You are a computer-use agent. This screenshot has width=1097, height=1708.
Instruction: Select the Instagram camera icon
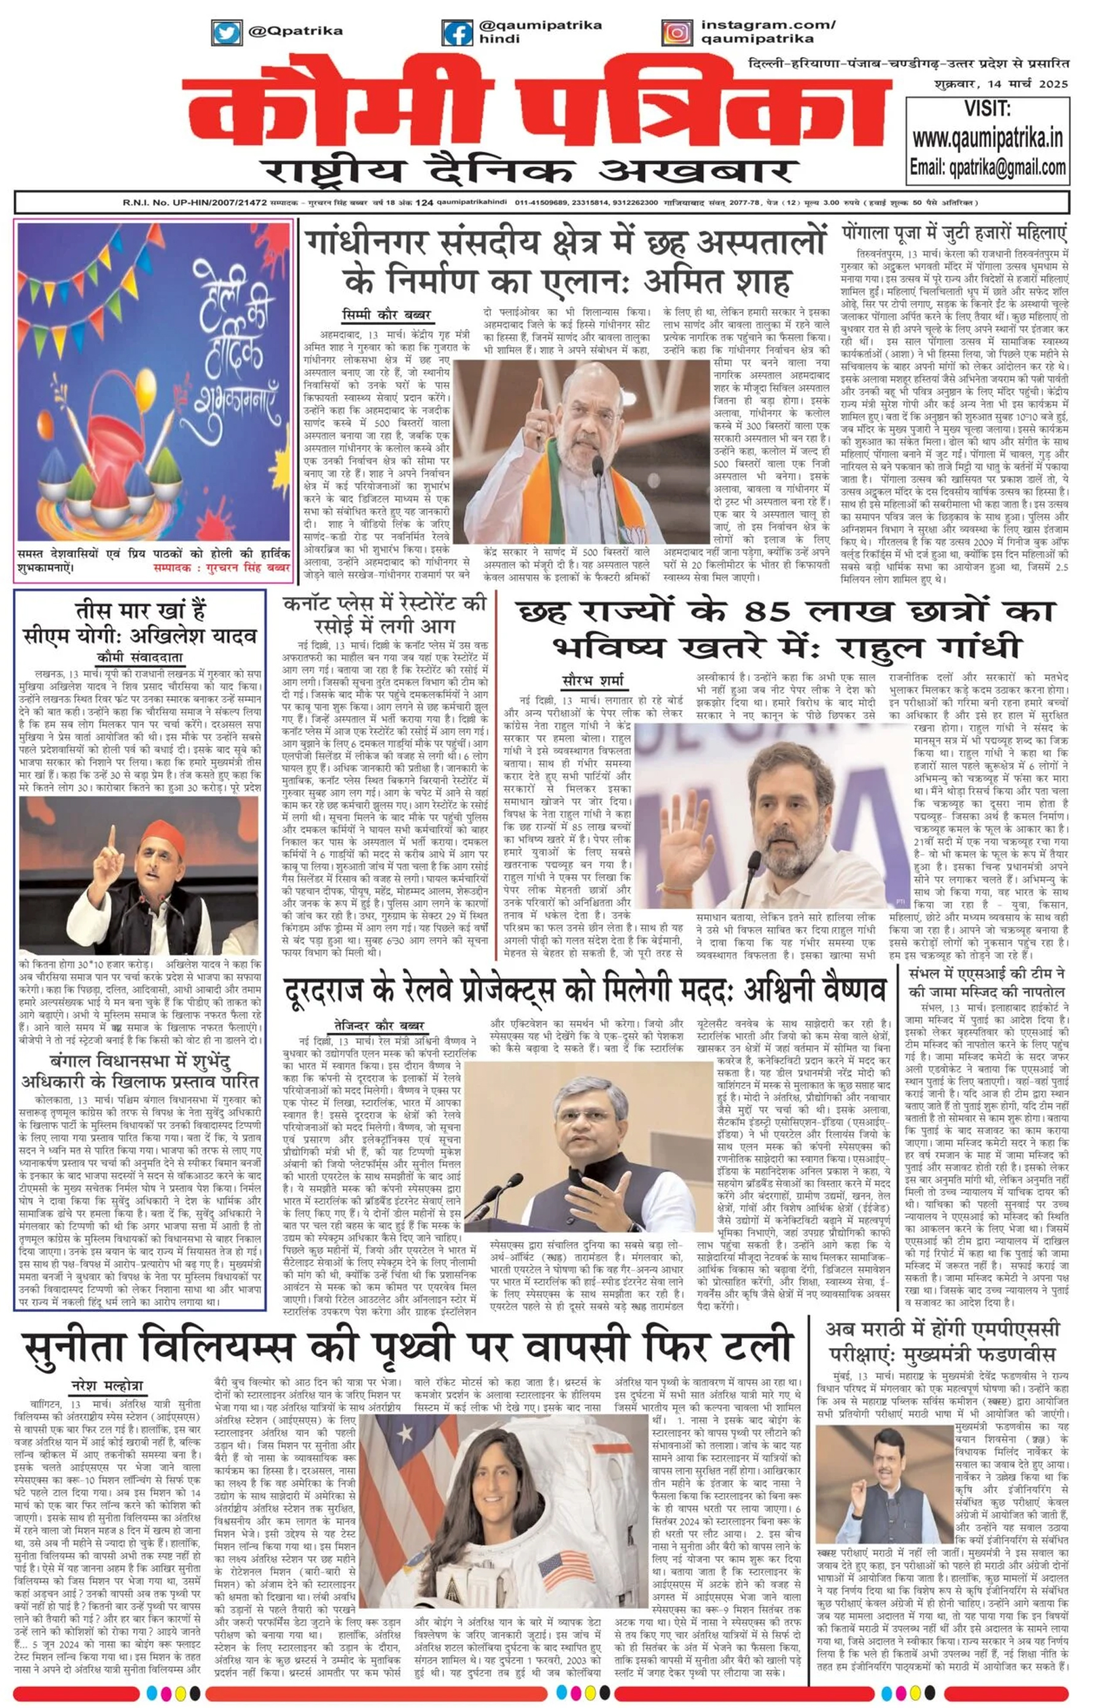(x=676, y=33)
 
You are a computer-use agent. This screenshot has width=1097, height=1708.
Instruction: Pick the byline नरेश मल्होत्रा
(x=106, y=1386)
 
